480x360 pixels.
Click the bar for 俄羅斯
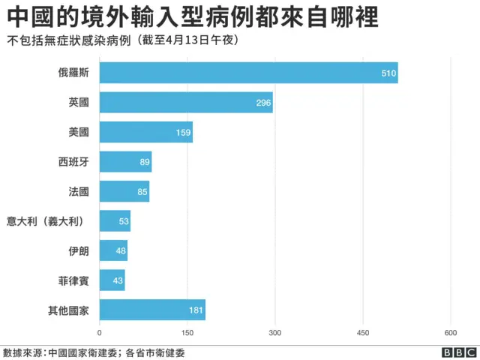tap(247, 73)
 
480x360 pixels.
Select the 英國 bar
tap(185, 103)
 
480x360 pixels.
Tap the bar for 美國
tap(145, 132)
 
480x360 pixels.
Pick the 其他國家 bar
tap(151, 310)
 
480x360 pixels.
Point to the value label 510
tap(388, 73)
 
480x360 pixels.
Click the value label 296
tap(263, 103)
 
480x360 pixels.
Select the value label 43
tap(117, 280)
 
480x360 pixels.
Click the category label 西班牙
tap(73, 162)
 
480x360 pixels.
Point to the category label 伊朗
tap(79, 250)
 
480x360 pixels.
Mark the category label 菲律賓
tap(73, 280)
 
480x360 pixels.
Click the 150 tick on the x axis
tap(187, 332)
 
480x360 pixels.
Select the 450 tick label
tap(362, 332)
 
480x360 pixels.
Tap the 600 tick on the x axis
tap(450, 332)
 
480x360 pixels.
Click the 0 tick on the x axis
tap(100, 332)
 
